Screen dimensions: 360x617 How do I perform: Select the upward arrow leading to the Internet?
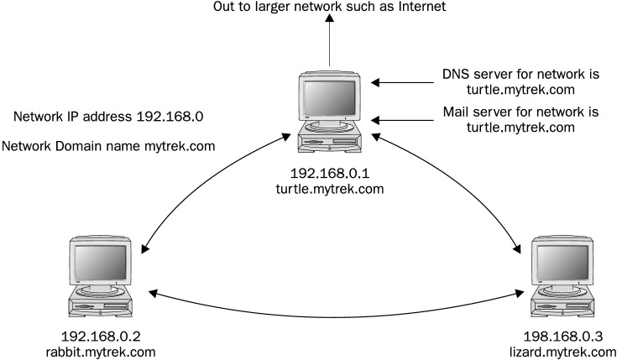click(330, 42)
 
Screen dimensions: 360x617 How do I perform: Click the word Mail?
click(457, 112)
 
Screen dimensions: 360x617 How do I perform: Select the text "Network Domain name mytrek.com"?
click(109, 146)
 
